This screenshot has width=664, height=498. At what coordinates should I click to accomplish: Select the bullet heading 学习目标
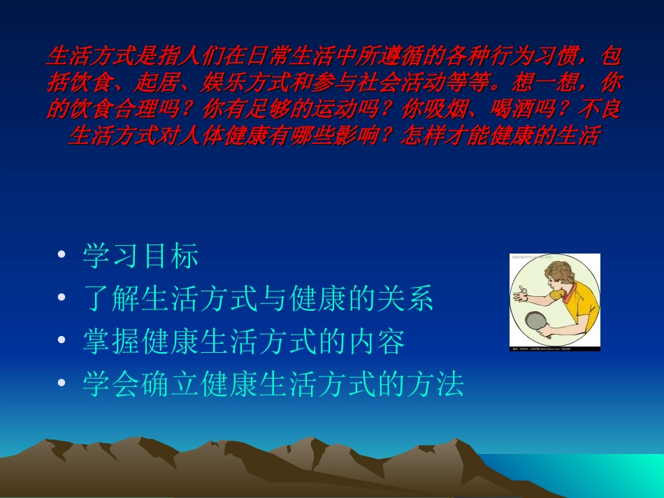[x=140, y=256]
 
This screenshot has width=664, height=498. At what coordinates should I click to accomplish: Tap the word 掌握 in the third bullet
[x=111, y=342]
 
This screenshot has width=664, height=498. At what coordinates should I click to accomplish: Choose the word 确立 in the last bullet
[x=170, y=384]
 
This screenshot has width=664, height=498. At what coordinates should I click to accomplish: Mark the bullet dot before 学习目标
[x=64, y=256]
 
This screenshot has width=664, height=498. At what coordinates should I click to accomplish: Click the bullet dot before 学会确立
[x=64, y=383]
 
